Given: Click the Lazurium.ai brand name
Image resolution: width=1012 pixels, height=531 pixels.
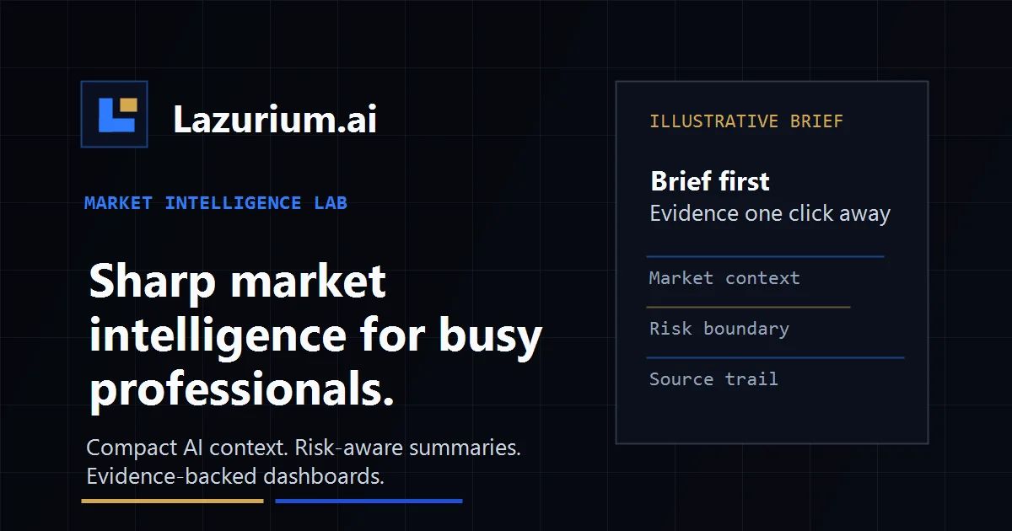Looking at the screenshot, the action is [275, 119].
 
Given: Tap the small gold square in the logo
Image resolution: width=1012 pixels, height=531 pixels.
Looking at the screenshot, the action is [128, 105].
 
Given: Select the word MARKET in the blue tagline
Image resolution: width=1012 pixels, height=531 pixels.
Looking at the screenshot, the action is [118, 203].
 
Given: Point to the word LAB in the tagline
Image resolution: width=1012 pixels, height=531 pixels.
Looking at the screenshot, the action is [331, 203].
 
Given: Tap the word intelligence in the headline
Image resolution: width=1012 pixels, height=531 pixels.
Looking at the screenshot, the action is [218, 335].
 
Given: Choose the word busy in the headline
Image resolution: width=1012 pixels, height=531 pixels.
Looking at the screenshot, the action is [490, 336].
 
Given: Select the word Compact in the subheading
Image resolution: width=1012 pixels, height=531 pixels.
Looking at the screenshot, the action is [132, 448].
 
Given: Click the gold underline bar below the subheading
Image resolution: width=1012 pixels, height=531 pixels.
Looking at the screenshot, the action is [172, 501].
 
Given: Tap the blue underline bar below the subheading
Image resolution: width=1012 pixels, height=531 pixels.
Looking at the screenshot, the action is [369, 501].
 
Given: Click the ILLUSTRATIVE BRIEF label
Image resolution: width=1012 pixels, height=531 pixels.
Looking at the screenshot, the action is [746, 121].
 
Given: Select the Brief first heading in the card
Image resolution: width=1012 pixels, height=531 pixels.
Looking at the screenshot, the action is [710, 181].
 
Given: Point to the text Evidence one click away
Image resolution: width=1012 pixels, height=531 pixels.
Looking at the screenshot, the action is [770, 213].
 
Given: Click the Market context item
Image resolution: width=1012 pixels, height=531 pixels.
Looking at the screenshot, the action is [724, 278].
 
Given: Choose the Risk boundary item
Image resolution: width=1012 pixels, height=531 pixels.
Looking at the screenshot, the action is [719, 329].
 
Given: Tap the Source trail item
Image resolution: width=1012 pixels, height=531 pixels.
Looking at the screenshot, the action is [713, 378].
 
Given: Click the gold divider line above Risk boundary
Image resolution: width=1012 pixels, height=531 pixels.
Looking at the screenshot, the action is [748, 307].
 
